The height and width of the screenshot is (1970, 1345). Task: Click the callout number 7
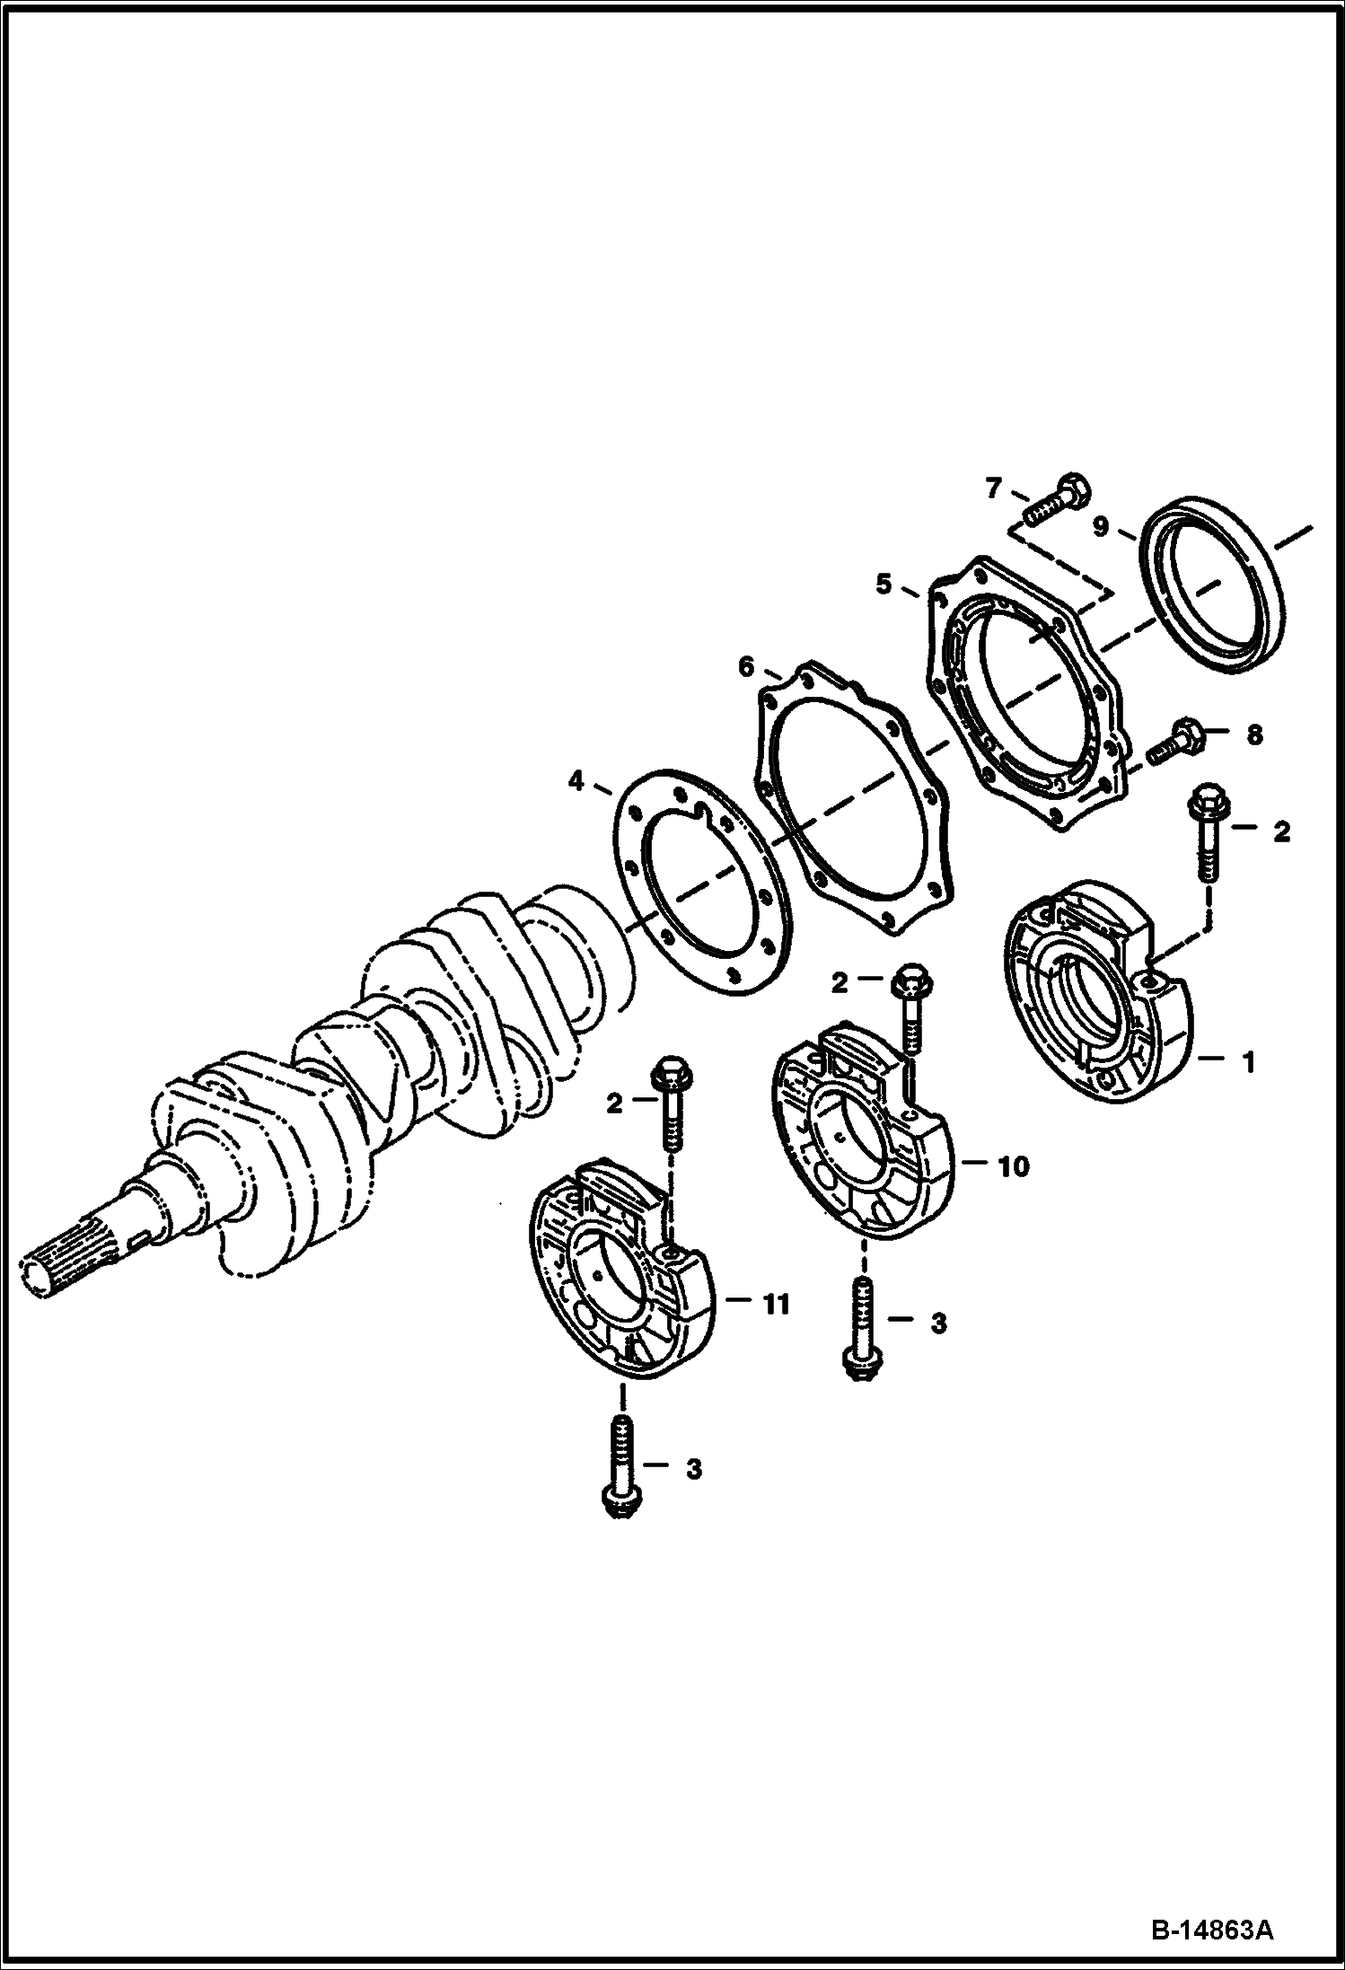click(x=992, y=488)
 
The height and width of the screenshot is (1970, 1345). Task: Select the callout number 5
click(x=884, y=585)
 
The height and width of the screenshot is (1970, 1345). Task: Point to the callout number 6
click(x=746, y=666)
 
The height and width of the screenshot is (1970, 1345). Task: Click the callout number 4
click(x=576, y=781)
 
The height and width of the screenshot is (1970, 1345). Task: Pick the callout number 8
click(x=1253, y=735)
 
